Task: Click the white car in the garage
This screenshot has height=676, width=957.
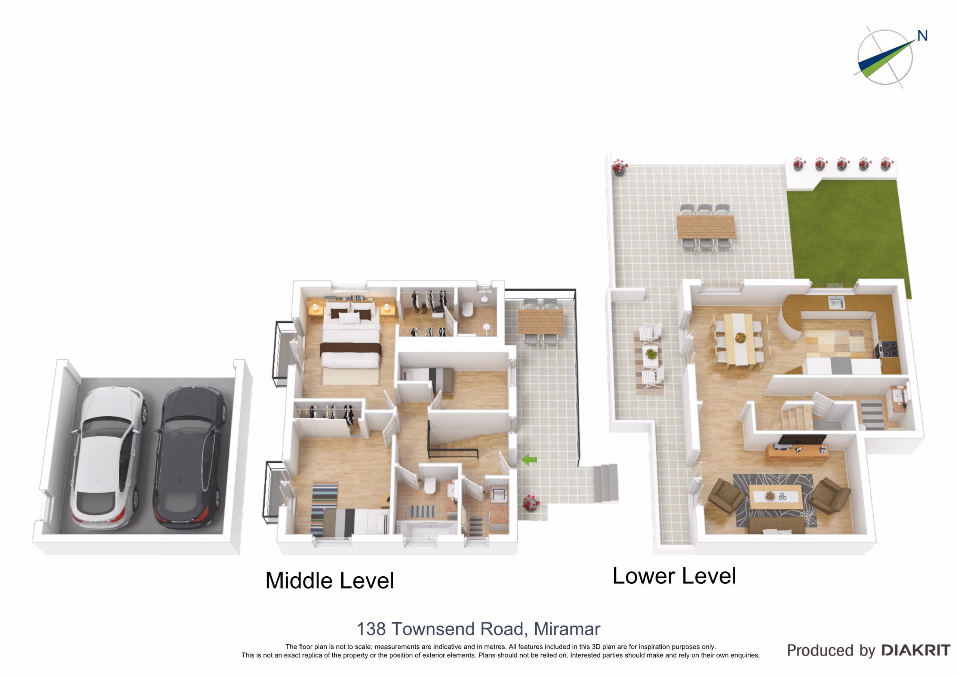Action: click(108, 458)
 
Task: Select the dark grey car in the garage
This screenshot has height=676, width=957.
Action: click(190, 458)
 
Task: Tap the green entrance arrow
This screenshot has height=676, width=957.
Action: click(529, 460)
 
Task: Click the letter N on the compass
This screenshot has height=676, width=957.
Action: click(922, 36)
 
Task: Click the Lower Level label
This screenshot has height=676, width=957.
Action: click(674, 576)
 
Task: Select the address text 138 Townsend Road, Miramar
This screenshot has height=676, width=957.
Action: click(478, 629)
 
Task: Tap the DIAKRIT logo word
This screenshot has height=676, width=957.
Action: click(916, 650)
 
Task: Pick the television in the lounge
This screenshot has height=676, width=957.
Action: click(802, 440)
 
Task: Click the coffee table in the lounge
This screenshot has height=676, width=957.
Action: click(776, 496)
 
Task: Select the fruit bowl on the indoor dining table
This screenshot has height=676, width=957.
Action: click(740, 337)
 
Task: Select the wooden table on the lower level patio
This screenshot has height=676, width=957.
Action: click(706, 227)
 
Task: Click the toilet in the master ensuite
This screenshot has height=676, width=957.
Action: click(468, 310)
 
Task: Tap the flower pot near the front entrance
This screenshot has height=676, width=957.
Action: click(530, 503)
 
